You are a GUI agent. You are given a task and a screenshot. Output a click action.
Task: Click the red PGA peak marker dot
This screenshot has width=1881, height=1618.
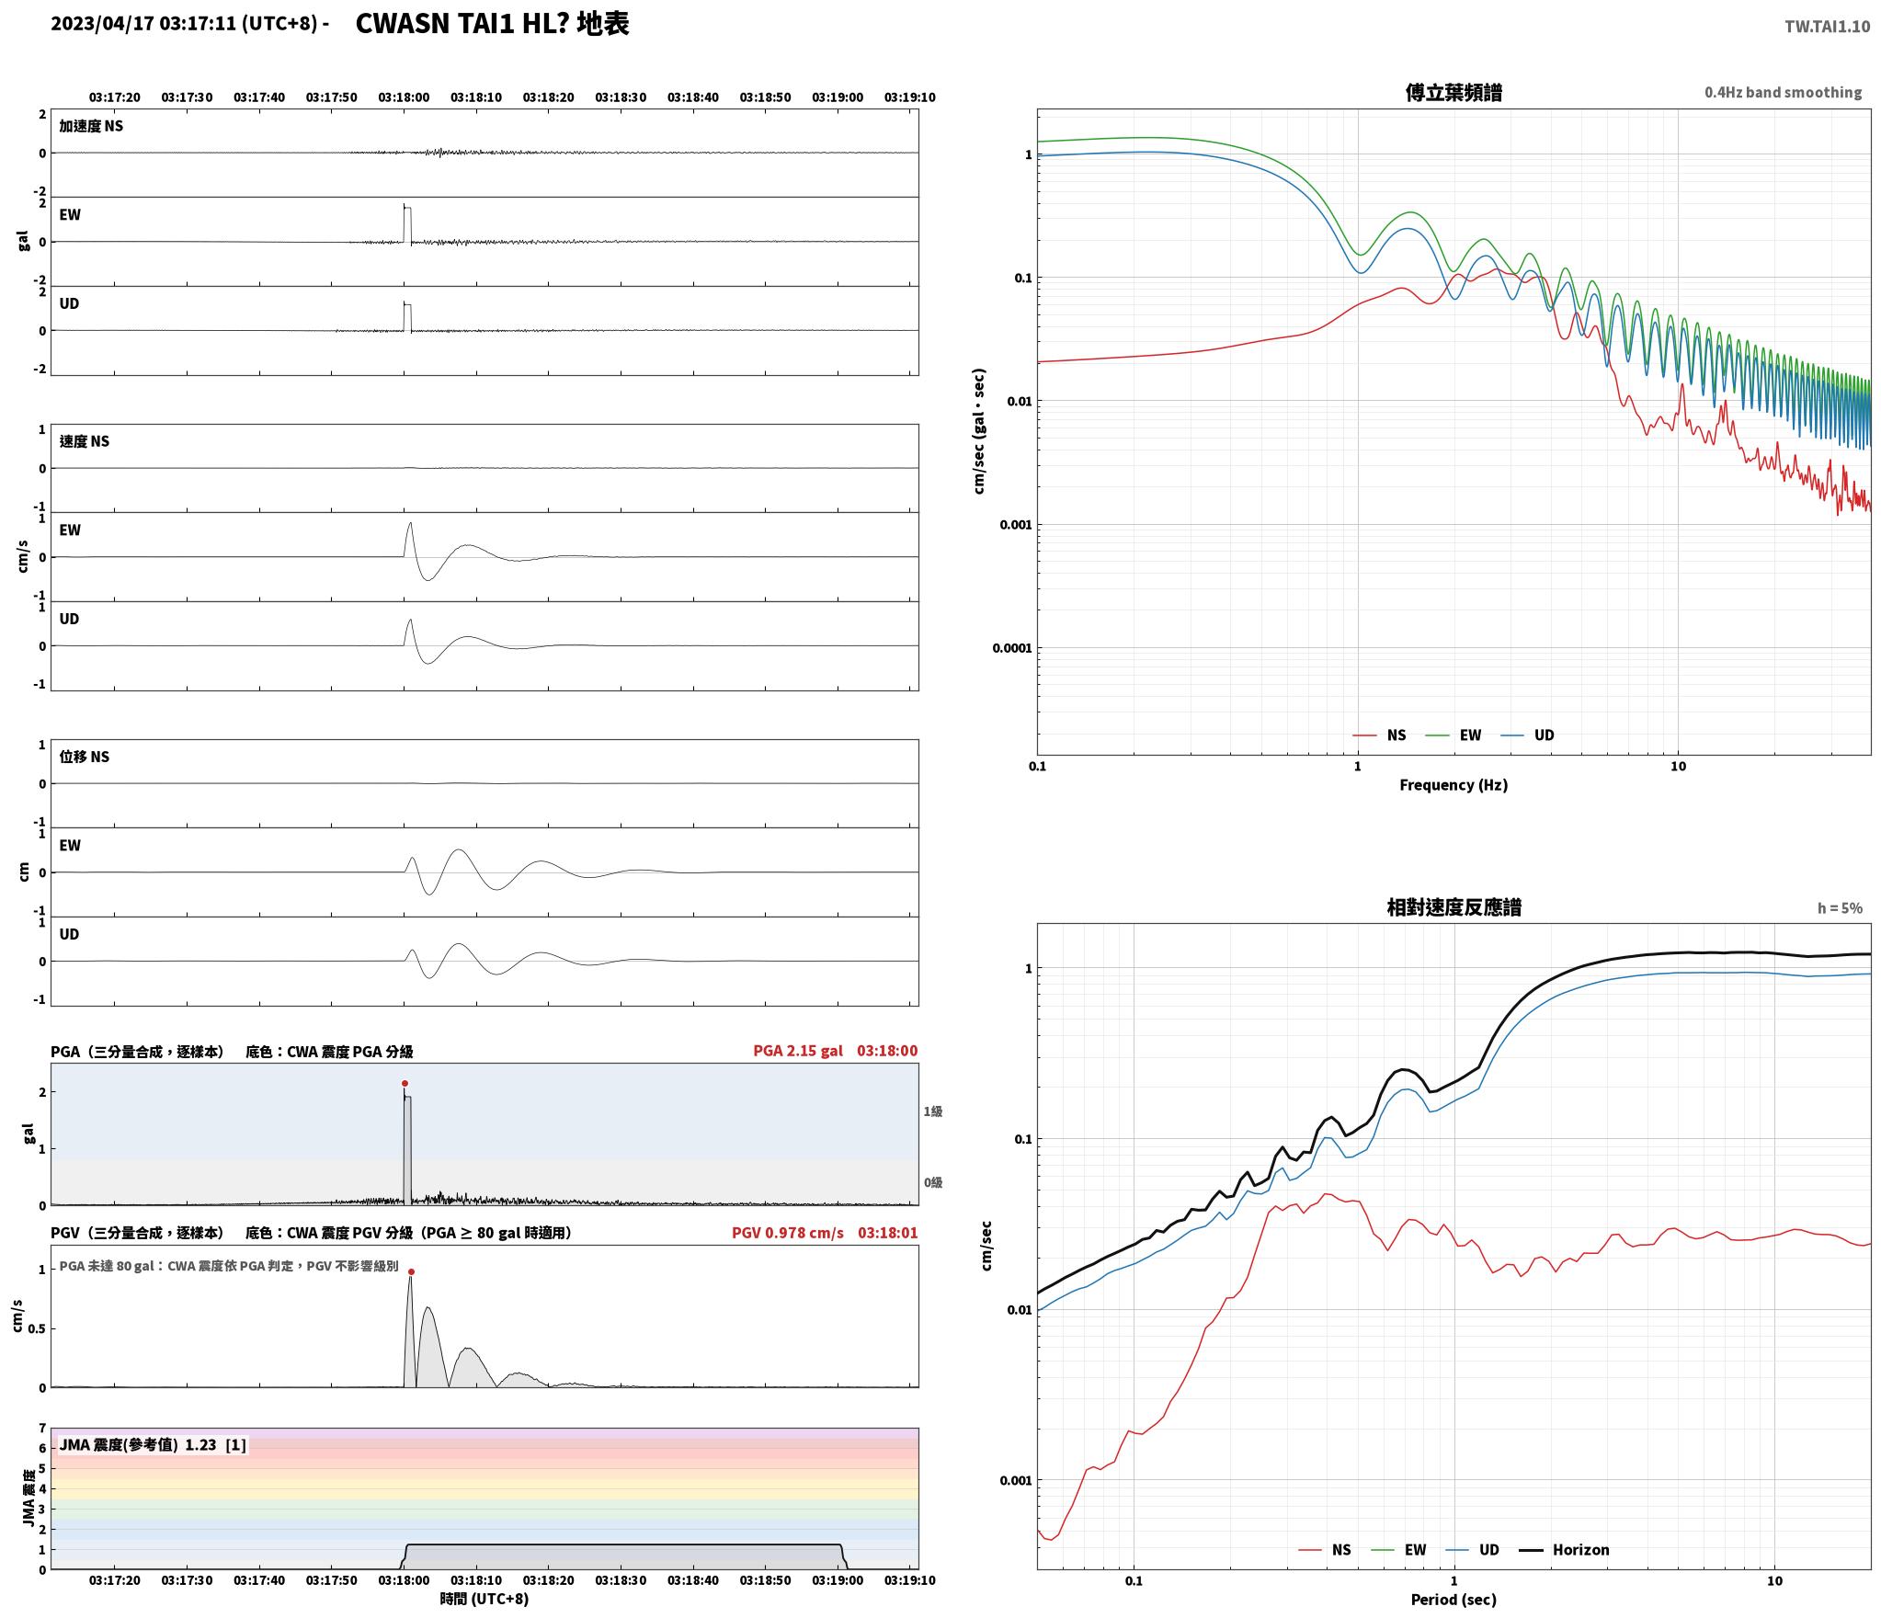(405, 1083)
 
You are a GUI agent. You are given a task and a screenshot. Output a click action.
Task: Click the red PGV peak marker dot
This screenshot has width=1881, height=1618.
(411, 1272)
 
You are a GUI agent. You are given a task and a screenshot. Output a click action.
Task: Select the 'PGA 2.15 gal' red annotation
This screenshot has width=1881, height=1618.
(797, 1051)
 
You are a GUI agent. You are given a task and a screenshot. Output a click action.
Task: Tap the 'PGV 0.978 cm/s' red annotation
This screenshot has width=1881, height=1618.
(787, 1233)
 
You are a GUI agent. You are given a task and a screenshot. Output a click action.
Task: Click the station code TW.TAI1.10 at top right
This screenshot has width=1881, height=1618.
(1827, 27)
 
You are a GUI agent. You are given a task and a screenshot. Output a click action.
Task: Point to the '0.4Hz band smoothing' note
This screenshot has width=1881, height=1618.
(1783, 93)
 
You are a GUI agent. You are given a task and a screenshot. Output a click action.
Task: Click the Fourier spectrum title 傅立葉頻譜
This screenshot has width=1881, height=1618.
(1453, 92)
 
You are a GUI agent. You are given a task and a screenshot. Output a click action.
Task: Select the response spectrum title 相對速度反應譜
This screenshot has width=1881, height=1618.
(1453, 907)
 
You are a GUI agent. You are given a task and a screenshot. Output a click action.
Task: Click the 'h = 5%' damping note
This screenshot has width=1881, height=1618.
(1840, 908)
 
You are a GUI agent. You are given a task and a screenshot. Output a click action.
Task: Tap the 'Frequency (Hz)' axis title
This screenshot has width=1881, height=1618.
(1453, 785)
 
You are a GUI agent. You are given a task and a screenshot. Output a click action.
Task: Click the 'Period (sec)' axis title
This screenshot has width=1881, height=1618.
(1453, 1600)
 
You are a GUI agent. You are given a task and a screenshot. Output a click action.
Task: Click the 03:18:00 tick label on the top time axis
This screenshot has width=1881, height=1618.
(404, 97)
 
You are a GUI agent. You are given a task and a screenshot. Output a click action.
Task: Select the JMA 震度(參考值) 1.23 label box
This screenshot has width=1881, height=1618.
(153, 1445)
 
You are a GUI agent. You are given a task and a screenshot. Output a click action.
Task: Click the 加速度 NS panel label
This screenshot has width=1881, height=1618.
(91, 126)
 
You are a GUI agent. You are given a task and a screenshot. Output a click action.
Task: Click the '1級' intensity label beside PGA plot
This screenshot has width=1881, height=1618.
(933, 1111)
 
